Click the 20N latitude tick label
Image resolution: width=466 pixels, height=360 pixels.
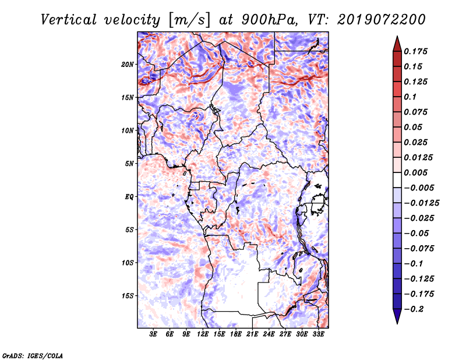pos(128,65)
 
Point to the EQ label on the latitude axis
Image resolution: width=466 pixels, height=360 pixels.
pos(129,197)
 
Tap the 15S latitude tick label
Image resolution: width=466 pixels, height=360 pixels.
pos(128,296)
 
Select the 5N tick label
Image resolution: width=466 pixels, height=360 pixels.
pos(129,164)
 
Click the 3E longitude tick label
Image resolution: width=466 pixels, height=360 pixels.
pos(153,334)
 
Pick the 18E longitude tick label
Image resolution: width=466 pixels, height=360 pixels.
pos(236,334)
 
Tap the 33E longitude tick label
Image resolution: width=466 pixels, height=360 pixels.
pos(318,334)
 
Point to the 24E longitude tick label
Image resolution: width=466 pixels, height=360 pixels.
pos(269,334)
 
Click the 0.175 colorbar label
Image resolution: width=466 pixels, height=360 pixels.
pos(415,51)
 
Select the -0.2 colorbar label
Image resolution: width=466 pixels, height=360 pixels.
pos(414,309)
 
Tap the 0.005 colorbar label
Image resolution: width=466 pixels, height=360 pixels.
pos(415,172)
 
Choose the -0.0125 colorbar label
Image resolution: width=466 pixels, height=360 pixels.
pos(421,203)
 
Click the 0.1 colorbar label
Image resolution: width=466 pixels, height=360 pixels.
pos(410,97)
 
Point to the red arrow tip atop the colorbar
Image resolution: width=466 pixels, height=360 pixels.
pos(397,36)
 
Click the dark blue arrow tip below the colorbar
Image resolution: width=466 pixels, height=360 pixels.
pos(397,323)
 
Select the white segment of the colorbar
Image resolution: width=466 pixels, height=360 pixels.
pos(397,180)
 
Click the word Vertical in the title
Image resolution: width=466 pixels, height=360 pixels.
pos(68,20)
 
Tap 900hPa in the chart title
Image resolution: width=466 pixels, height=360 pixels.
pos(269,20)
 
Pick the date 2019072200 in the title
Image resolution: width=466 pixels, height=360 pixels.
pos(382,20)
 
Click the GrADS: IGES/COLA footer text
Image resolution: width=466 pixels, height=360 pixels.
pos(33,356)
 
